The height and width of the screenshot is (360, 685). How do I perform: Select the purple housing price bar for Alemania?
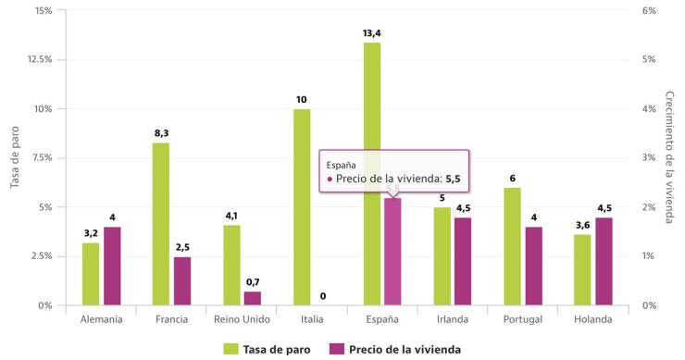pyautogui.click(x=112, y=266)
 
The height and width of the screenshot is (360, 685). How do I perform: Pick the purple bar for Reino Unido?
pyautogui.click(x=253, y=298)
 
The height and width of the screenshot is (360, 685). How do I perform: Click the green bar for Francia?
pyautogui.click(x=161, y=223)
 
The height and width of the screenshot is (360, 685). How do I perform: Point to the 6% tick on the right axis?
pyautogui.click(x=649, y=10)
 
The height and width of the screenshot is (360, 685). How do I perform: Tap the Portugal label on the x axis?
pyautogui.click(x=523, y=319)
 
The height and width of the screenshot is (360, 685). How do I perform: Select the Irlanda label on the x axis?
pyautogui.click(x=453, y=319)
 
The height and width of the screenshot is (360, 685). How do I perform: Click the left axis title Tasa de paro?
pyautogui.click(x=15, y=157)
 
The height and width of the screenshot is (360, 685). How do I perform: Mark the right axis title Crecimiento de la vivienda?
pyautogui.click(x=669, y=157)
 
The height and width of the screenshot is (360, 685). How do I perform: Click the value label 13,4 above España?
pyautogui.click(x=372, y=33)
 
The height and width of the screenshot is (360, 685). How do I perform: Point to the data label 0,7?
pyautogui.click(x=253, y=282)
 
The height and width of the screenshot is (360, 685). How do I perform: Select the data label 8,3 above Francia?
pyautogui.click(x=161, y=133)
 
